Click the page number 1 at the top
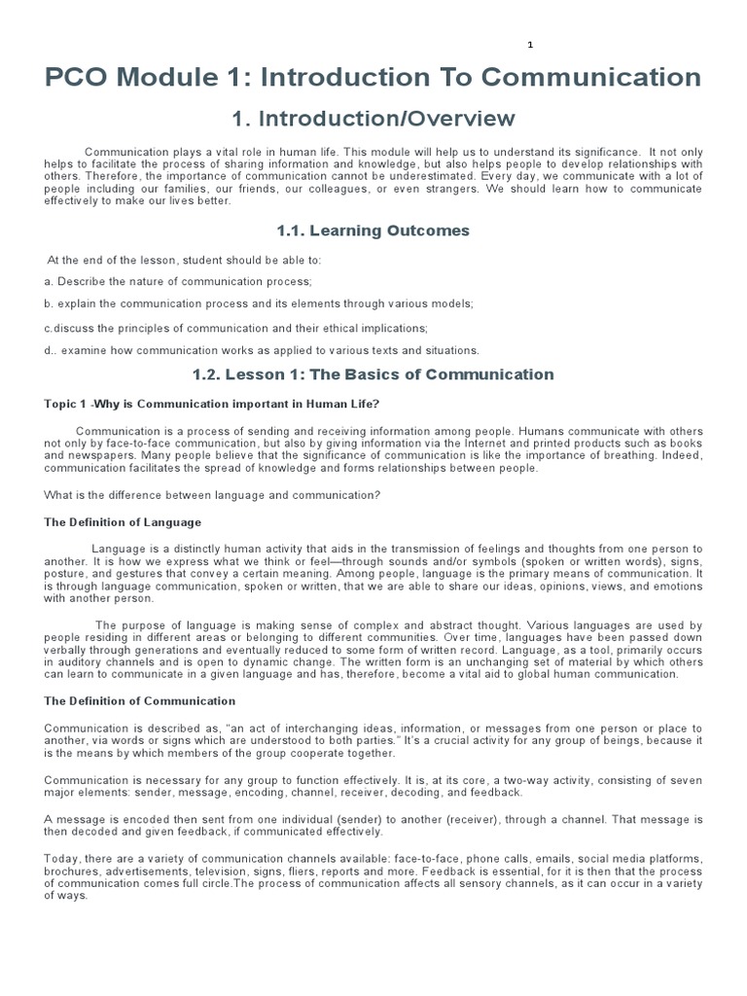[x=531, y=45]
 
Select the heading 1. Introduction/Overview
[x=373, y=119]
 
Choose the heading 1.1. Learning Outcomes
[x=373, y=231]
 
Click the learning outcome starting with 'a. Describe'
[x=178, y=281]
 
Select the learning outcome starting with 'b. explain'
[x=259, y=303]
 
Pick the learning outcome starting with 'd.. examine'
[x=262, y=350]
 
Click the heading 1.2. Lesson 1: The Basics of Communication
[x=373, y=374]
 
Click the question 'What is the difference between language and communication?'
[x=212, y=494]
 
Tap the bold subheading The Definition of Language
[x=123, y=522]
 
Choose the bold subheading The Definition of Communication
[x=140, y=700]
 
